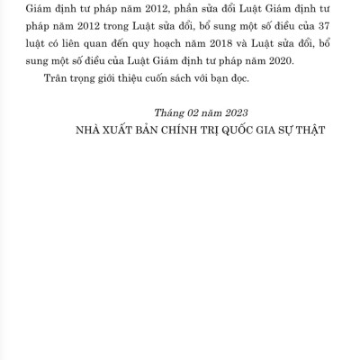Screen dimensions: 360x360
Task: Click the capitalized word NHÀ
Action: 94,130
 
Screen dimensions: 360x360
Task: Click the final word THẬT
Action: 307,130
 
